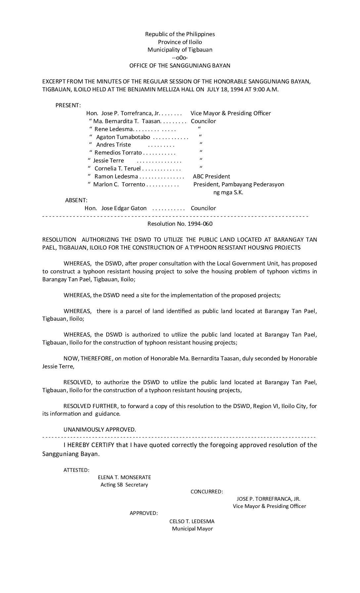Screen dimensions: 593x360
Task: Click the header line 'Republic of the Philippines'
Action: coord(180,34)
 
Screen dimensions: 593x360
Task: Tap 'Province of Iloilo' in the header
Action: coord(180,42)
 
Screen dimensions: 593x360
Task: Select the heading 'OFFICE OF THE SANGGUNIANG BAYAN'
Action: coord(180,66)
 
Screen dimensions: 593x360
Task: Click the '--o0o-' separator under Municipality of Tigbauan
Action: coord(180,58)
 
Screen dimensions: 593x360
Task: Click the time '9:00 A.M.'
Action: coord(267,89)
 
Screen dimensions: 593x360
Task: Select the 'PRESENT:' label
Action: coord(68,105)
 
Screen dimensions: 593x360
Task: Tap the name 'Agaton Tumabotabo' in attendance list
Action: coord(123,137)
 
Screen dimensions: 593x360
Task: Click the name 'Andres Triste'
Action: coord(113,145)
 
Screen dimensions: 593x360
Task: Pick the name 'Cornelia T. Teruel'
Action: coord(117,168)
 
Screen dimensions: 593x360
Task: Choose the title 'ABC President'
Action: coord(211,176)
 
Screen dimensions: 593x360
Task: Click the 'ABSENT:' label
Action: coord(76,200)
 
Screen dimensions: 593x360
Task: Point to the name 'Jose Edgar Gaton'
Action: coord(124,208)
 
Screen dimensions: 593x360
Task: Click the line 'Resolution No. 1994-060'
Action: coord(180,224)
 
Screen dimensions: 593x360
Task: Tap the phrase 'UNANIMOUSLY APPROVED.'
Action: coord(100,430)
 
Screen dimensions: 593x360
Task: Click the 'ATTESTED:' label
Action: coord(76,470)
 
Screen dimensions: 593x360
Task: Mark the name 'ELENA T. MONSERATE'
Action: coord(124,477)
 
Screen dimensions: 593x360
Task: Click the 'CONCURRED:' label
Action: coord(206,492)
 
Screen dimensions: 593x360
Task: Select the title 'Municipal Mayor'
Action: coord(192,528)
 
